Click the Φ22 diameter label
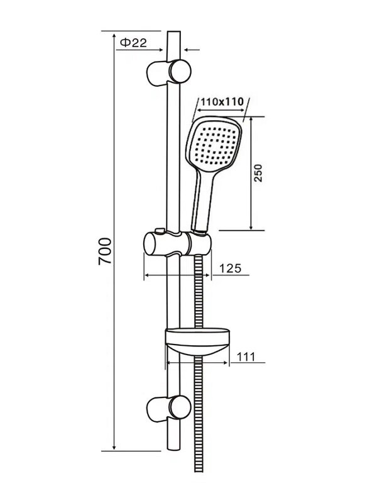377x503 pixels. coord(133,42)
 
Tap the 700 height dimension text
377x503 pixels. coord(105,251)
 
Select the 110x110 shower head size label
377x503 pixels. coord(222,102)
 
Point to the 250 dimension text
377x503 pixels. coord(258,174)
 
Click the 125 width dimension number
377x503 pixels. coord(230,268)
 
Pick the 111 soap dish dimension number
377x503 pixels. coord(246,357)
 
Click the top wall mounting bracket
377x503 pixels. coord(169,72)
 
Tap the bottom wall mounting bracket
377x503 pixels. coord(169,407)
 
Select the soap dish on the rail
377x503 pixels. coord(198,341)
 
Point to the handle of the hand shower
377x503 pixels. coord(202,201)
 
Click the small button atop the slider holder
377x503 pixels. coord(160,231)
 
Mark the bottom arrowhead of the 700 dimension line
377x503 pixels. coord(114,447)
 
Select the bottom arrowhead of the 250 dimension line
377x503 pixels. coord(251,227)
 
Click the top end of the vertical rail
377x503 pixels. coord(174,31)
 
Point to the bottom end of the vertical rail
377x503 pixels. coord(173,450)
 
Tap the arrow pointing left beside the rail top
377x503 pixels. coord(192,50)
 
